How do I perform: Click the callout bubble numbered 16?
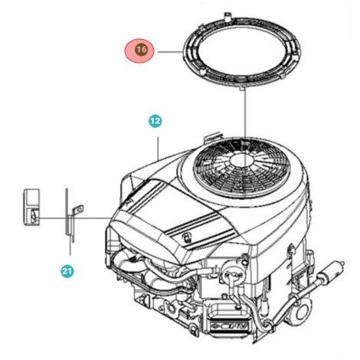click(x=139, y=51)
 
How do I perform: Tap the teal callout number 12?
click(x=155, y=120)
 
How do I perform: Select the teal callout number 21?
click(x=67, y=270)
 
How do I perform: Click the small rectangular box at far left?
click(x=31, y=207)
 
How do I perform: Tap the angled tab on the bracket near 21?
click(x=78, y=210)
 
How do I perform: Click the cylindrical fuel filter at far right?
click(x=331, y=270)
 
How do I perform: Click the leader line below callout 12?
click(x=159, y=149)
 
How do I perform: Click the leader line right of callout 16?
click(x=170, y=52)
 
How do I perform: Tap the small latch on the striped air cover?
click(x=187, y=237)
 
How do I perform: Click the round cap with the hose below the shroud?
click(x=232, y=274)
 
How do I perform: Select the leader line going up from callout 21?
click(x=70, y=246)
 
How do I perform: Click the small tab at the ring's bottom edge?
click(x=243, y=88)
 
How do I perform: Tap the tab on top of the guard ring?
click(x=227, y=16)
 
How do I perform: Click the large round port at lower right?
click(x=303, y=309)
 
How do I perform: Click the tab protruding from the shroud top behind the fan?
click(x=212, y=136)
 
